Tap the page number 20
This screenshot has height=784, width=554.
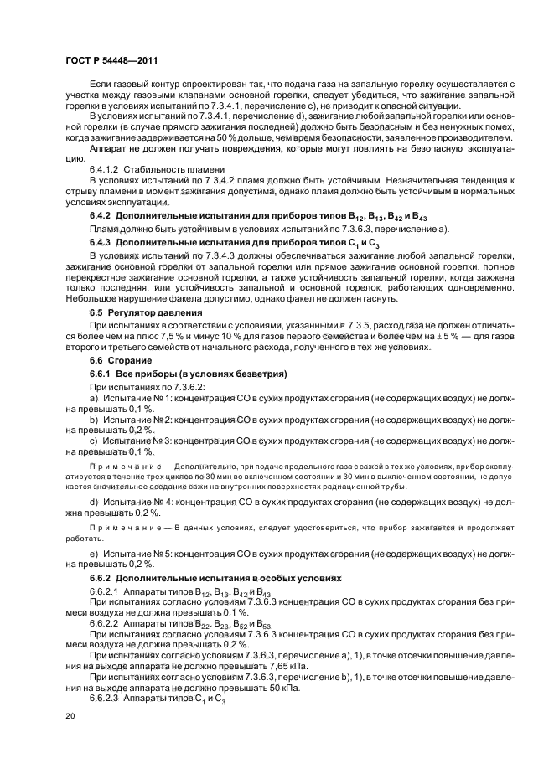[71, 716]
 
